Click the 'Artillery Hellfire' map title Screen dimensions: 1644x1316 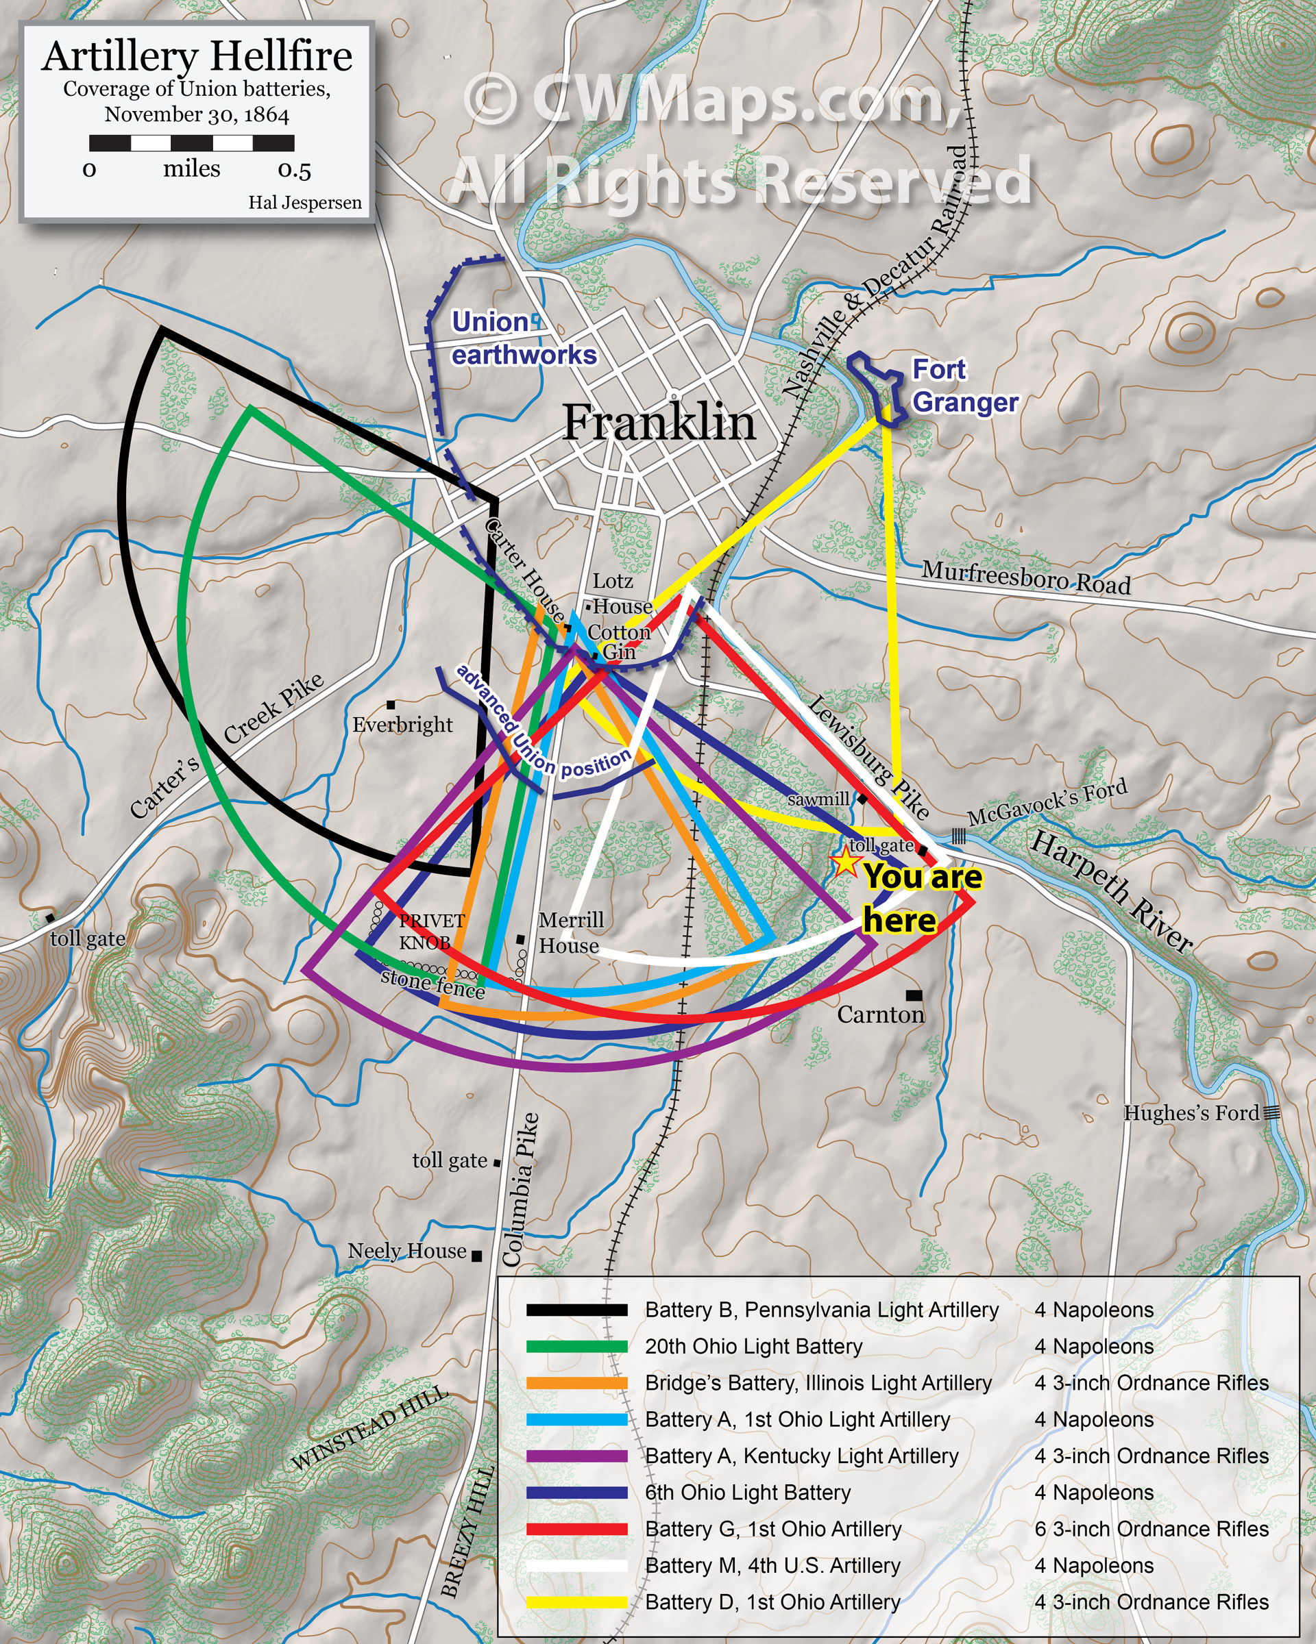(x=197, y=56)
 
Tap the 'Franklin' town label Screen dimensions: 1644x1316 (x=659, y=422)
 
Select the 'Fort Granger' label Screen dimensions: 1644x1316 (x=964, y=386)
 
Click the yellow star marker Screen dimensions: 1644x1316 (x=845, y=862)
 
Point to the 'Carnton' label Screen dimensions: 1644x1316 (x=879, y=1014)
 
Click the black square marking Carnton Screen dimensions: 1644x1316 (x=913, y=995)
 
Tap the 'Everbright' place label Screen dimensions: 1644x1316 (x=402, y=725)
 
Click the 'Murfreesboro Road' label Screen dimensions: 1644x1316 (x=1025, y=577)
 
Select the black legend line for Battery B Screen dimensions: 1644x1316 (x=576, y=1310)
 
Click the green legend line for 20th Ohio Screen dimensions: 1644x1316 (x=576, y=1347)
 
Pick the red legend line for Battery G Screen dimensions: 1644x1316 (x=576, y=1529)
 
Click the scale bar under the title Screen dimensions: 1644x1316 (x=191, y=143)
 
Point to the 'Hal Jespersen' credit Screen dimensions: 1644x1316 (x=304, y=203)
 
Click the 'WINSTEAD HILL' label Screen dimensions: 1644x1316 (x=369, y=1430)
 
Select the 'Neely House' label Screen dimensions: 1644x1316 (x=406, y=1251)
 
